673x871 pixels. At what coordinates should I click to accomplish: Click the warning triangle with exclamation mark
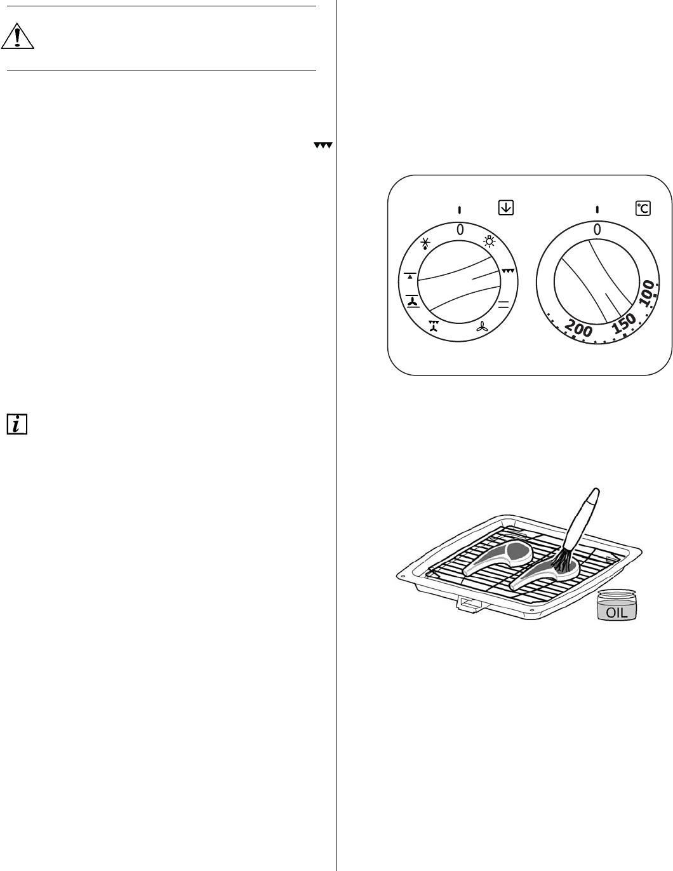click(x=18, y=37)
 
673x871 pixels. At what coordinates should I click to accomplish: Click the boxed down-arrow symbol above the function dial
click(x=506, y=207)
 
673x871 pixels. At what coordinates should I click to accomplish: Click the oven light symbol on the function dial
click(x=489, y=241)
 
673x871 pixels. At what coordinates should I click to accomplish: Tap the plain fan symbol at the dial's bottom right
click(x=483, y=327)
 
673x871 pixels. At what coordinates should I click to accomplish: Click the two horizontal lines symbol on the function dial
click(x=504, y=303)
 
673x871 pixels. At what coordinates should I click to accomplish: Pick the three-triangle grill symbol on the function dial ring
click(x=509, y=271)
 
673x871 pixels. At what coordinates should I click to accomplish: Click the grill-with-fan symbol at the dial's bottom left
click(x=434, y=327)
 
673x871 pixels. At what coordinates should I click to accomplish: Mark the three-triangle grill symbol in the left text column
click(x=323, y=146)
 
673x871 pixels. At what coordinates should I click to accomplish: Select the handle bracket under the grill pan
click(x=469, y=606)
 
